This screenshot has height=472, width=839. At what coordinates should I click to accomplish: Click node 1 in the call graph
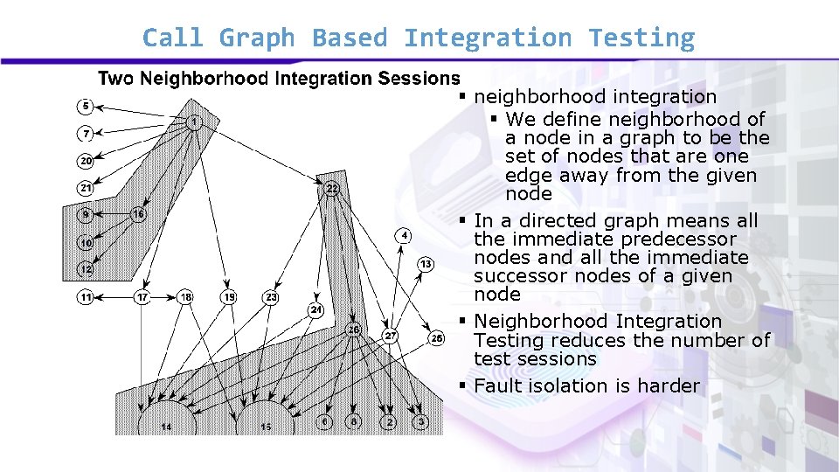(x=193, y=121)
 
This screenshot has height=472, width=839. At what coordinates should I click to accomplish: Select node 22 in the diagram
(x=332, y=188)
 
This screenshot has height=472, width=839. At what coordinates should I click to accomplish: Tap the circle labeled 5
(x=85, y=107)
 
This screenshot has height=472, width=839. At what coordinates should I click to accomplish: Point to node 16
(x=138, y=214)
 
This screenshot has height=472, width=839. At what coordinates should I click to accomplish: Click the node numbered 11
(x=85, y=297)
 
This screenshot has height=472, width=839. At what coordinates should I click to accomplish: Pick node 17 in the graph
(x=142, y=297)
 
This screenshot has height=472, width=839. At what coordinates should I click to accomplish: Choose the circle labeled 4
(x=404, y=235)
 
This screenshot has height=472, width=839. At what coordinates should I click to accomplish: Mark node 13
(x=425, y=264)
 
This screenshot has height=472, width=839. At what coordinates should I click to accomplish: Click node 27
(x=391, y=337)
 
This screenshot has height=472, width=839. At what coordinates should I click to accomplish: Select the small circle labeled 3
(x=421, y=422)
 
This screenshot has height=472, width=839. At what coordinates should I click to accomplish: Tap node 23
(x=272, y=297)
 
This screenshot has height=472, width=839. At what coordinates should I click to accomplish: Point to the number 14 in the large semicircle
(x=166, y=427)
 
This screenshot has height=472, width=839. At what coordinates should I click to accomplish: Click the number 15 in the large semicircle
(x=266, y=427)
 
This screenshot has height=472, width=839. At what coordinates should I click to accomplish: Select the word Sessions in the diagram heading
(x=419, y=79)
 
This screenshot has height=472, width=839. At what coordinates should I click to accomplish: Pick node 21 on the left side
(x=85, y=187)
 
